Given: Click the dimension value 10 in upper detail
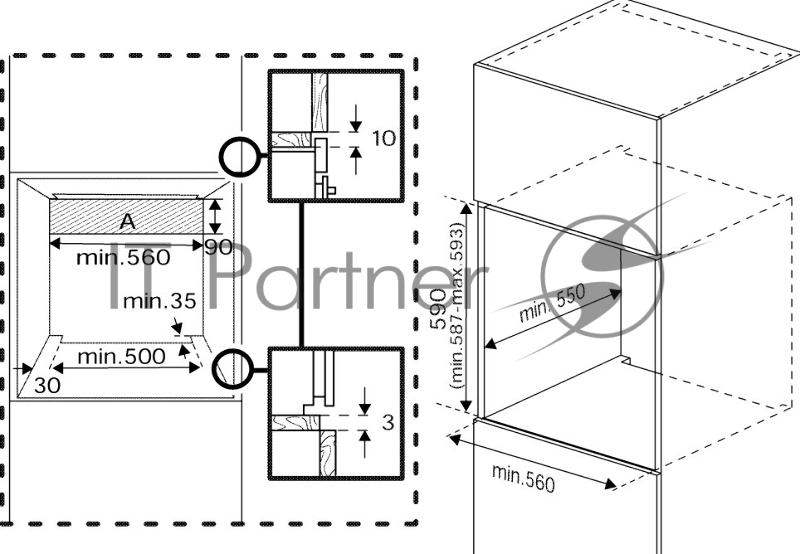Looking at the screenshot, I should [x=384, y=139].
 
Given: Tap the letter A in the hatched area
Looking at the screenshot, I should [x=127, y=220].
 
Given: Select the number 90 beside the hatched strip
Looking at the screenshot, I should [x=218, y=246].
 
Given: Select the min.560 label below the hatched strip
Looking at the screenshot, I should [x=125, y=257].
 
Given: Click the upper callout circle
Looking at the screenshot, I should [x=239, y=156].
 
